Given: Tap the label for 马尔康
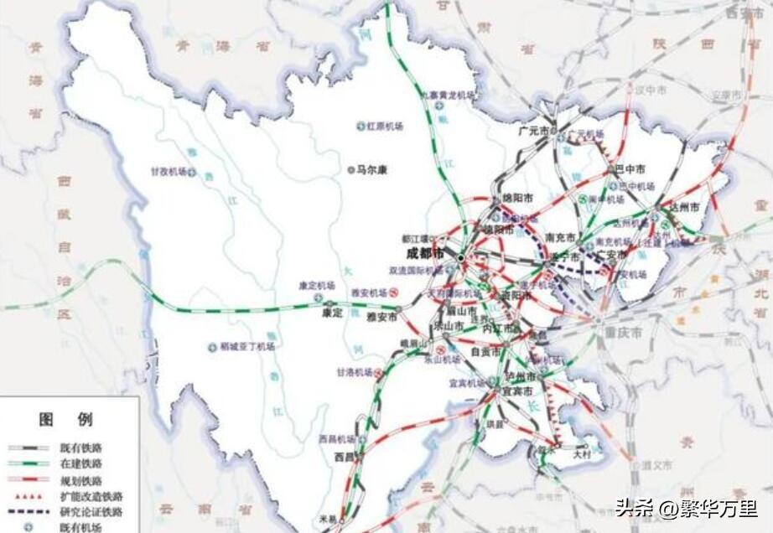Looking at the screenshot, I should point(372,169).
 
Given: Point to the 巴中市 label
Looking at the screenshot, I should point(630,169).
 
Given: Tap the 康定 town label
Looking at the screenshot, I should point(332,313).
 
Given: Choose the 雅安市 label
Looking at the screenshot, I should point(381,317).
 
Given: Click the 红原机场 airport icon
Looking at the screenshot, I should point(360,126).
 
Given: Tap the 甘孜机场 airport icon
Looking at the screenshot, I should point(192,172).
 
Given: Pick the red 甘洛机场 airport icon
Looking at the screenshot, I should point(378,372).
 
